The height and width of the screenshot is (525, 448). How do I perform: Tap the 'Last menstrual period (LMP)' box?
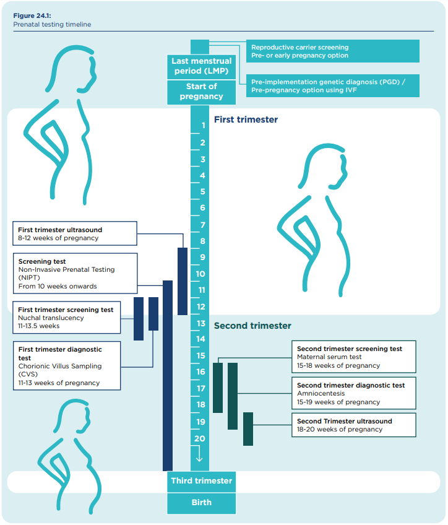(201, 66)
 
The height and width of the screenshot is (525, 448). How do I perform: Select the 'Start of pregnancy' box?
(201, 92)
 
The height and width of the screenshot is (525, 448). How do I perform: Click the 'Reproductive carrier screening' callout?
(333, 51)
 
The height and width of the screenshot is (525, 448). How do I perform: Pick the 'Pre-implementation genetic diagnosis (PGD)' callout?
(333, 86)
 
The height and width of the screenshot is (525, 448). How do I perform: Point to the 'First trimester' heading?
(246, 119)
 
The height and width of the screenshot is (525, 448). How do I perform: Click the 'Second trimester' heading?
(252, 326)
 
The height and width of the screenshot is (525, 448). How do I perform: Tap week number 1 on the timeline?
(202, 126)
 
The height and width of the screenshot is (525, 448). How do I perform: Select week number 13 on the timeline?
(201, 323)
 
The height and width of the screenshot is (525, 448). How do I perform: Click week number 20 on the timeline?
(199, 438)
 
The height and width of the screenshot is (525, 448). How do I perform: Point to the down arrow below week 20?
(199, 456)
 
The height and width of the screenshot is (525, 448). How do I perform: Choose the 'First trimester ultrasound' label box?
(75, 234)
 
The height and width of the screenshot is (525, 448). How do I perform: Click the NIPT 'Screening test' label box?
(75, 274)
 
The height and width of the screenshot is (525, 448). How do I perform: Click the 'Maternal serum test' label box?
(353, 357)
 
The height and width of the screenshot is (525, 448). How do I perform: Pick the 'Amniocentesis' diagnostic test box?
(353, 394)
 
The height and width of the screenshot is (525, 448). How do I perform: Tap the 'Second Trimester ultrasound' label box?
(353, 425)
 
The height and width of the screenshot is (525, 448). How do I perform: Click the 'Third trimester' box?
(201, 481)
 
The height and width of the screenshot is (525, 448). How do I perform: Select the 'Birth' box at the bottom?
(201, 503)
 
